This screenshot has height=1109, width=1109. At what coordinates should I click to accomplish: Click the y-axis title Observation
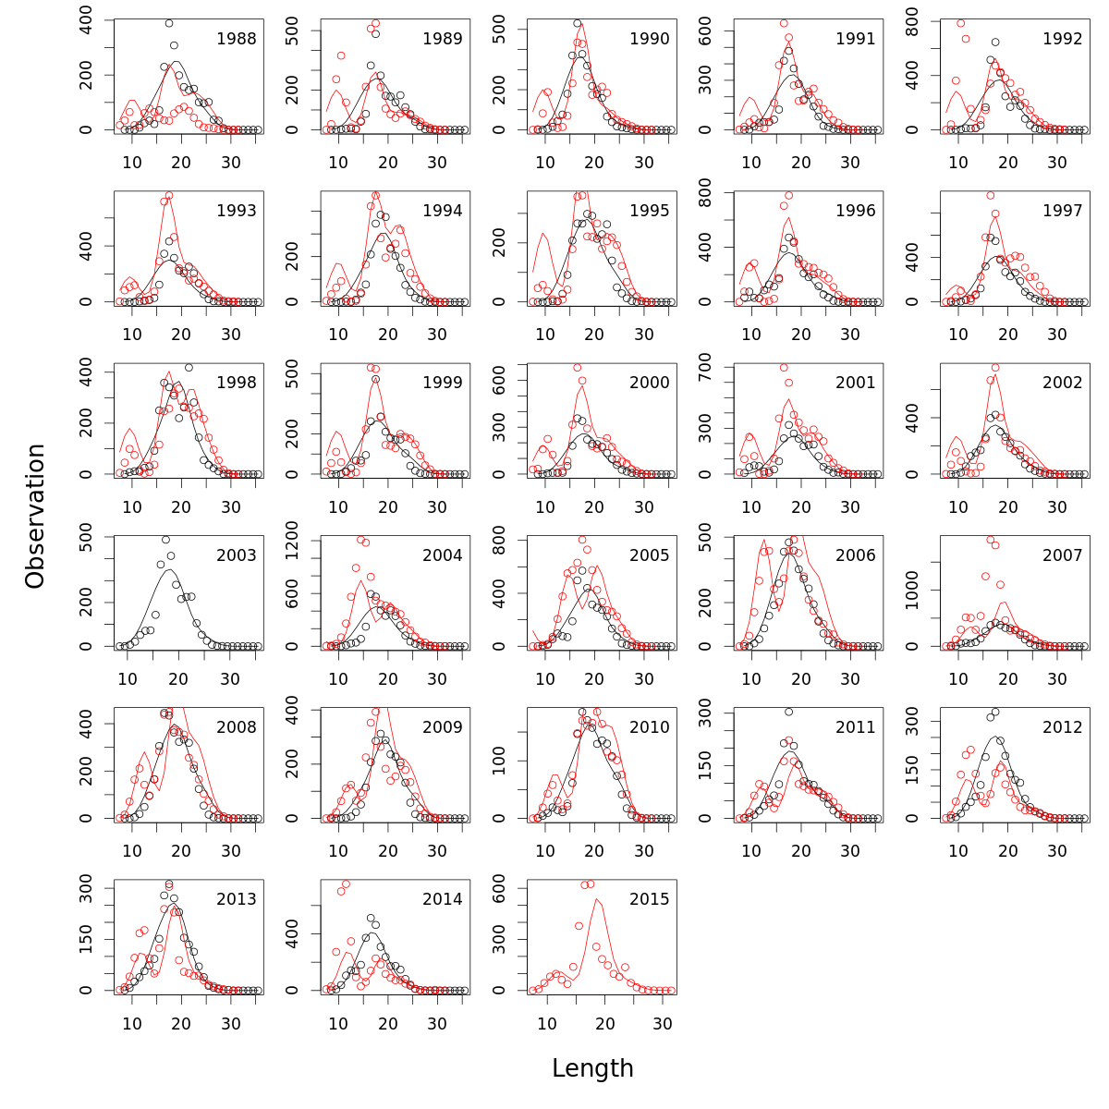click(x=35, y=516)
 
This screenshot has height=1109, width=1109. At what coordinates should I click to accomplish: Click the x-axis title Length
click(x=592, y=1068)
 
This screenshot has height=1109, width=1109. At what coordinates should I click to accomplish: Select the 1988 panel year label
click(x=237, y=39)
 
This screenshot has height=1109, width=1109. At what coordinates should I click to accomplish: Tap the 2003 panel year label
click(x=237, y=555)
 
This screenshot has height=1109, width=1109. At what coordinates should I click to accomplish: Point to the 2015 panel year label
click(x=650, y=899)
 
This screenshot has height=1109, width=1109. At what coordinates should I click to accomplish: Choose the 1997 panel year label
click(x=1063, y=211)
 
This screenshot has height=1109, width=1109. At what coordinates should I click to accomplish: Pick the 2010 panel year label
click(x=650, y=727)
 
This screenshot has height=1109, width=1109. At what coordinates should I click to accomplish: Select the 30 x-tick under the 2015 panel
click(x=662, y=1024)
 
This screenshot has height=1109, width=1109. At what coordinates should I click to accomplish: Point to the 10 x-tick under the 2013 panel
click(x=132, y=1024)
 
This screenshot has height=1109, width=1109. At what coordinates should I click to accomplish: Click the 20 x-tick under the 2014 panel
click(x=388, y=1024)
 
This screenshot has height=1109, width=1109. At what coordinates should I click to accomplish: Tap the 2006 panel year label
click(x=856, y=555)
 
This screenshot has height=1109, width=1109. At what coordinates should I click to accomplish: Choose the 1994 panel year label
click(x=443, y=211)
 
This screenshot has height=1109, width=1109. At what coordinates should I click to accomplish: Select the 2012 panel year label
click(x=1063, y=727)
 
